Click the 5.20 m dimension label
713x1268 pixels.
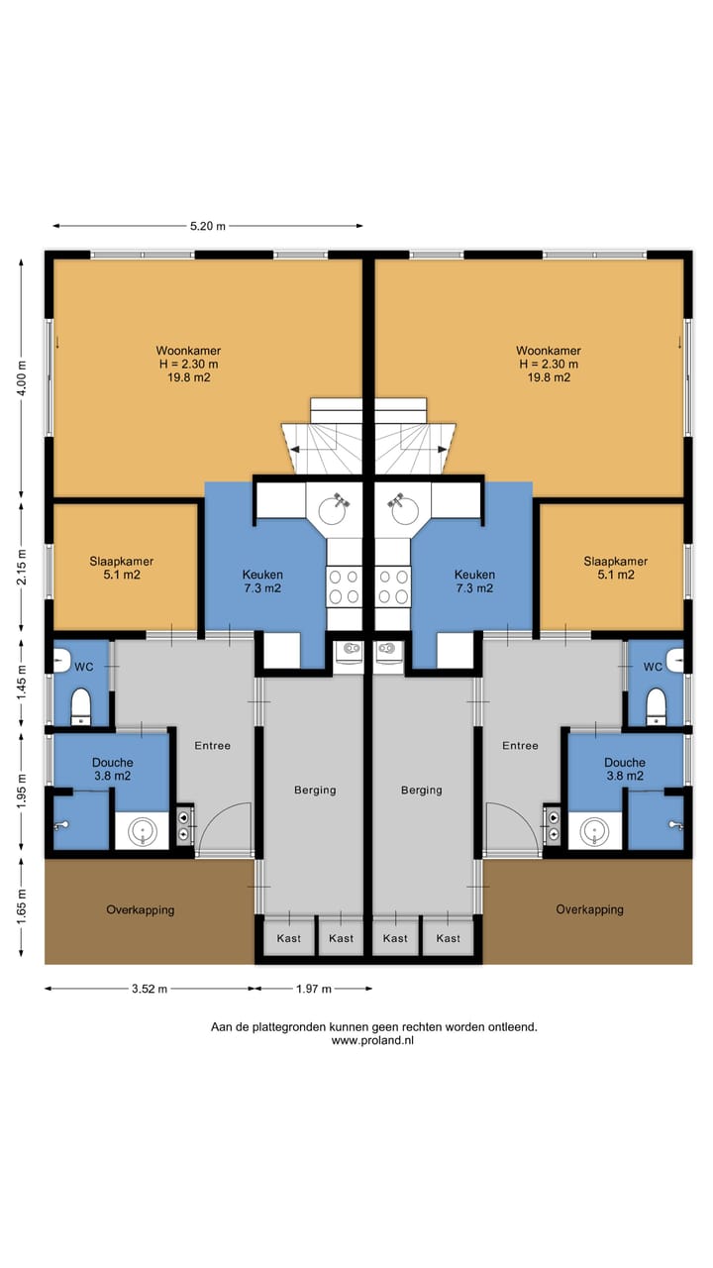click(x=208, y=226)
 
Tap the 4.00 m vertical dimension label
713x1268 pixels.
click(x=22, y=378)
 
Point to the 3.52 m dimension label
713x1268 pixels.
click(x=150, y=989)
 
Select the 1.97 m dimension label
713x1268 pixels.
click(x=314, y=989)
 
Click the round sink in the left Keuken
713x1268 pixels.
click(x=333, y=510)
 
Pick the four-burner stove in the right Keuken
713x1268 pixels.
click(x=393, y=586)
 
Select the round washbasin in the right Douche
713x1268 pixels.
click(x=594, y=831)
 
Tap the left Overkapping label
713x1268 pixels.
click(x=141, y=909)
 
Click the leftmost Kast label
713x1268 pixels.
click(x=288, y=938)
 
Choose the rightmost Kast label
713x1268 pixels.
click(x=449, y=938)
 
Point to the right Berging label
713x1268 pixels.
click(x=422, y=790)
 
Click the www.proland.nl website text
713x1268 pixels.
click(x=372, y=1040)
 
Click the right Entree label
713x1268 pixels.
click(x=520, y=746)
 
